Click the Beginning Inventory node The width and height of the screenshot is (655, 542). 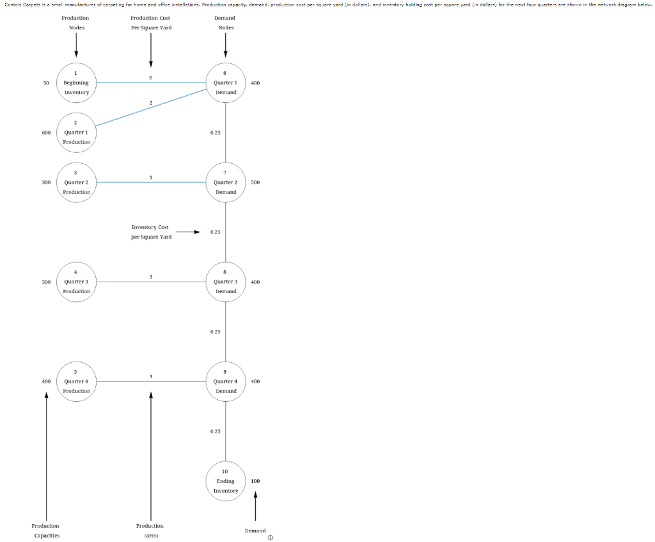click(76, 83)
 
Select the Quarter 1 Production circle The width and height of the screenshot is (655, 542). click(76, 133)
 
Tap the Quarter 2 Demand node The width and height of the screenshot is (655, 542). click(226, 183)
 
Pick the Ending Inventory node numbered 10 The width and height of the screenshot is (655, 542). click(226, 482)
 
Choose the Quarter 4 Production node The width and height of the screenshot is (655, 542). click(76, 382)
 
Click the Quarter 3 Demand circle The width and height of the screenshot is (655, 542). click(226, 282)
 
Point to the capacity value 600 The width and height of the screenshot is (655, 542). click(46, 132)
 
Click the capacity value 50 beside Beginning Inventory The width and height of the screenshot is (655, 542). click(46, 83)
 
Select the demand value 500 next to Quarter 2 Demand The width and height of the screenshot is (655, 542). click(255, 182)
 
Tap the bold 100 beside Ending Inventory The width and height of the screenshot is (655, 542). click(255, 481)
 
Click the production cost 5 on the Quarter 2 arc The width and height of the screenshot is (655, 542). click(150, 177)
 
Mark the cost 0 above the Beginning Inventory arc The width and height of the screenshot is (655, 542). click(150, 78)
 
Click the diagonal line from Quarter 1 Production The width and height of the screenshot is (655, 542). click(150, 108)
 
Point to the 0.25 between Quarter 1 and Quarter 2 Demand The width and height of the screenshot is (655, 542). click(215, 132)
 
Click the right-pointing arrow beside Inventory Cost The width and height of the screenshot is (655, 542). click(189, 232)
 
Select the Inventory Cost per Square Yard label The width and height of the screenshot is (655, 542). click(151, 232)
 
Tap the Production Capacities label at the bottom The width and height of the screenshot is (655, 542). click(45, 530)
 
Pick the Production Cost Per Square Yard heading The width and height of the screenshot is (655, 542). click(150, 22)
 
